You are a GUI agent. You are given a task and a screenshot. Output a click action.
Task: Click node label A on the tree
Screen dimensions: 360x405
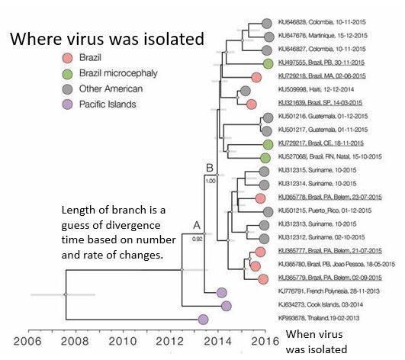tap(195, 225)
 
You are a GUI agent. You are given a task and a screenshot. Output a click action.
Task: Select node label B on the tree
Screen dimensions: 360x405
tap(208, 168)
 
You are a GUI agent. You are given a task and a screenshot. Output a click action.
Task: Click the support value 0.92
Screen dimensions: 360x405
tap(196, 239)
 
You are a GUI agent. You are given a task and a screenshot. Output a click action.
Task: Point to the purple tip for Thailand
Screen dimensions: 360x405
tap(204, 320)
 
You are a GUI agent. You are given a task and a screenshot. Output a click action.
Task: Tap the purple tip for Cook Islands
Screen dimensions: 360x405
tap(226, 306)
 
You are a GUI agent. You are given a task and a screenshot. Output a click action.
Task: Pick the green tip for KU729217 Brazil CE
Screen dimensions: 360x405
tap(268, 144)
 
